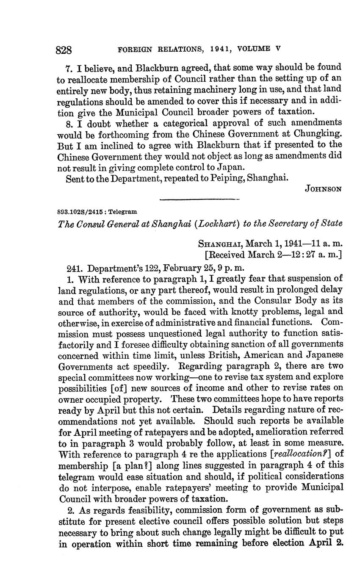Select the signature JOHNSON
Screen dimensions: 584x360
click(x=323, y=189)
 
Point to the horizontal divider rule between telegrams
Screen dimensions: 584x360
click(x=199, y=199)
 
